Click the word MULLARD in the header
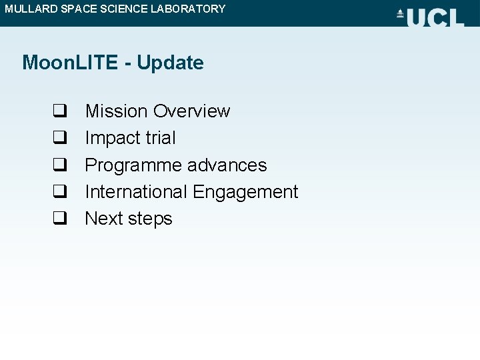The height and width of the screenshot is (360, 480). pyautogui.click(x=28, y=9)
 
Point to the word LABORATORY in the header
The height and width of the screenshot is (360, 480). pyautogui.click(x=187, y=9)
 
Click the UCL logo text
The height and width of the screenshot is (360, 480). pyautogui.click(x=435, y=17)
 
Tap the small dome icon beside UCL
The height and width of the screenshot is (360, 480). pyautogui.click(x=400, y=14)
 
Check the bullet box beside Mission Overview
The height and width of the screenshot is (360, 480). pyautogui.click(x=59, y=111)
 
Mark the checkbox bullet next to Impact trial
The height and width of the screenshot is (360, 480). pyautogui.click(x=59, y=138)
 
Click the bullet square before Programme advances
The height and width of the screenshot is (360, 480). pyautogui.click(x=59, y=165)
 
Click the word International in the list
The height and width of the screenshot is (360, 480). pyautogui.click(x=136, y=192)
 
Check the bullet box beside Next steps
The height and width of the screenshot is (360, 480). pyautogui.click(x=59, y=219)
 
